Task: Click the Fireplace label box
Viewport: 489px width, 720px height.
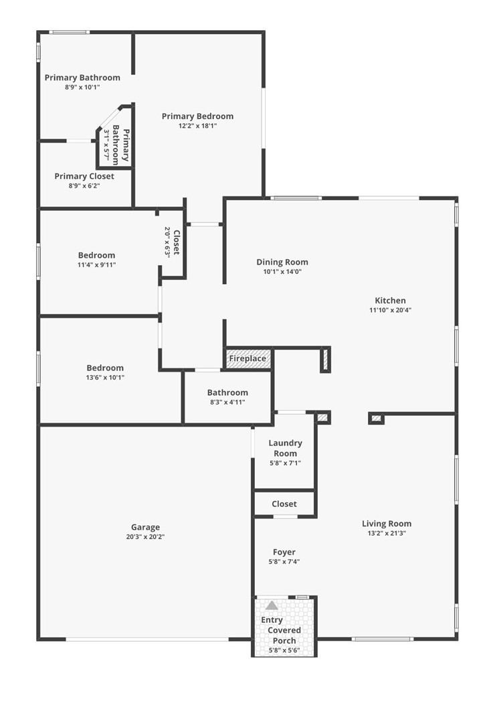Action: pos(248,358)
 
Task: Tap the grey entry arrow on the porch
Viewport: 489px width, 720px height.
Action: pos(272,605)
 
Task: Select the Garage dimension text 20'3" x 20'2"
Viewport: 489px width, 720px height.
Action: pos(145,536)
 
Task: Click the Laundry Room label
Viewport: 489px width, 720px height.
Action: pos(286,448)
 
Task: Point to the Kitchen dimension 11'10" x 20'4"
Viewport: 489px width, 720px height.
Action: pos(391,310)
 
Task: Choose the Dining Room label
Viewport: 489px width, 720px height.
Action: pos(282,262)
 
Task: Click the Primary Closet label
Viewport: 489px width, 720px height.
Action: pos(84,176)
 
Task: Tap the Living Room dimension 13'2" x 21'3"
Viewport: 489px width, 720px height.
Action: pos(387,533)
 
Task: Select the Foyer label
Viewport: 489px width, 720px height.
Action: pos(284,552)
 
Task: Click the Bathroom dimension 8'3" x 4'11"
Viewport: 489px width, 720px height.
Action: pos(227,403)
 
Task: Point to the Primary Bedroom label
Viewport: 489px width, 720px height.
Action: pos(198,116)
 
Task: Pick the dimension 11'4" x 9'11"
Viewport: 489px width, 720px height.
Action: pos(97,265)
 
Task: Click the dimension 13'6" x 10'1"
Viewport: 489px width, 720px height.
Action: pos(105,378)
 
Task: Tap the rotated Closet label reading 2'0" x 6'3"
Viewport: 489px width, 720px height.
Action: pos(172,242)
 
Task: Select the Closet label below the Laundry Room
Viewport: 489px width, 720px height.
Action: pos(284,504)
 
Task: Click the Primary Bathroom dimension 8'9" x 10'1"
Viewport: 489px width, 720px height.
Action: pos(82,87)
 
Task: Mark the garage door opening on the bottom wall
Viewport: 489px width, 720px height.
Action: pos(146,639)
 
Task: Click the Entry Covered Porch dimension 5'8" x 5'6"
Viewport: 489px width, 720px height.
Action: pos(284,650)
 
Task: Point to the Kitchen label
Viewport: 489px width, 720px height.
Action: pos(391,300)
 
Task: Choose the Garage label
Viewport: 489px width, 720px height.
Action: pos(145,528)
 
